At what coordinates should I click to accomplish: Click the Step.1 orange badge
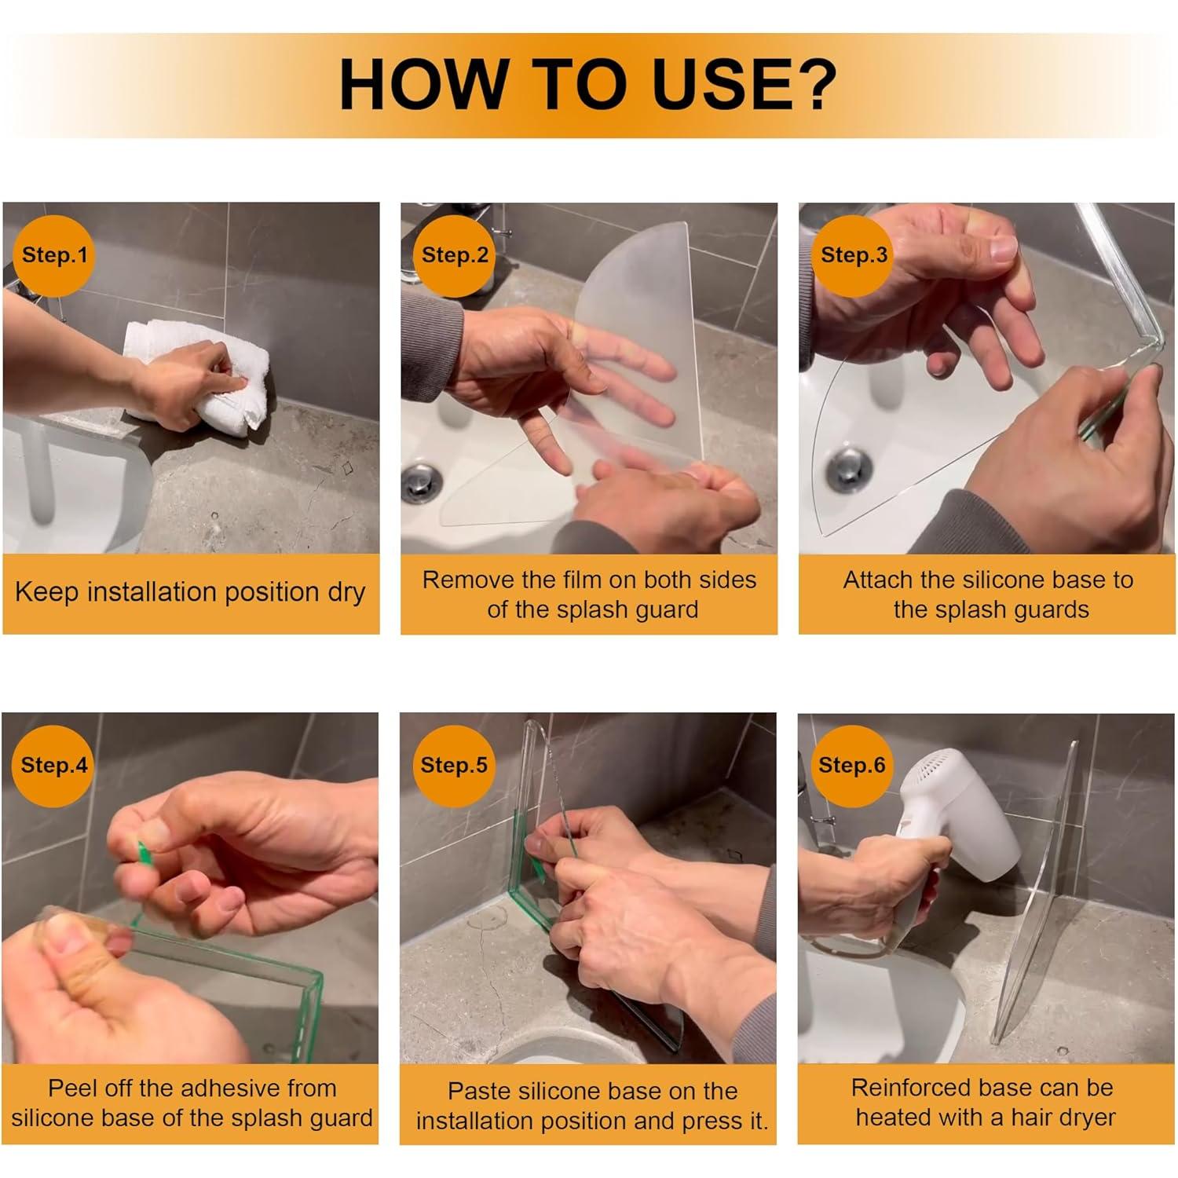point(54,255)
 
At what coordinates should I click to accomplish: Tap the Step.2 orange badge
point(455,255)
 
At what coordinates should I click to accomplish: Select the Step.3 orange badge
point(854,255)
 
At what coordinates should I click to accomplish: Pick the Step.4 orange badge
point(53,766)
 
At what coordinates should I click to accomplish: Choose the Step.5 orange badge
point(454,766)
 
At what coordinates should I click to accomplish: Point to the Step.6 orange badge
point(851,766)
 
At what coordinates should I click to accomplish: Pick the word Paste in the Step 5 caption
point(475,1092)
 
